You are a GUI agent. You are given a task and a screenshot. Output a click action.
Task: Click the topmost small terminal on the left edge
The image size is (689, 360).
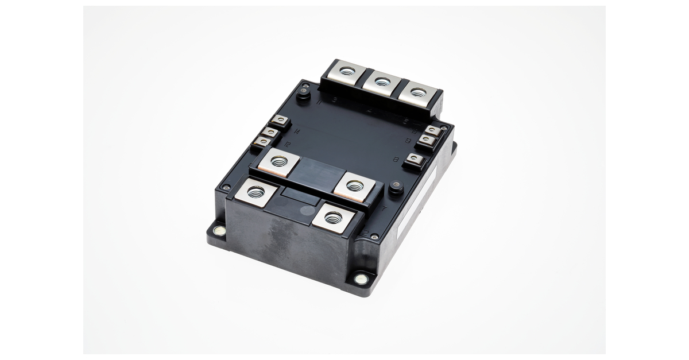click(281, 121)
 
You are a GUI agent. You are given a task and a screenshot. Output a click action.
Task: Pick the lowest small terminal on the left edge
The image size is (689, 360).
click(262, 141)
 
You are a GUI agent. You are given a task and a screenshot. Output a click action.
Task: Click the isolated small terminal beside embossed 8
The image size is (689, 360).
click(413, 161)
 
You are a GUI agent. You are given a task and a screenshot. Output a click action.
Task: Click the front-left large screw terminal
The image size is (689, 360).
click(254, 191)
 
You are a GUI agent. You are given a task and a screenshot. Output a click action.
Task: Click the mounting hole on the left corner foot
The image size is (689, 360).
click(218, 231)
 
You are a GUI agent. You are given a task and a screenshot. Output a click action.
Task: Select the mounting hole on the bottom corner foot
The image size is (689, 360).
click(361, 279)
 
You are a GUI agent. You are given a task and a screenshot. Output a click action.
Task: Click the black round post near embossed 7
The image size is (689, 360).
click(394, 188)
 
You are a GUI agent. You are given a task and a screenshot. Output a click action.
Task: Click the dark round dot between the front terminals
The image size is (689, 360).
click(307, 210)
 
